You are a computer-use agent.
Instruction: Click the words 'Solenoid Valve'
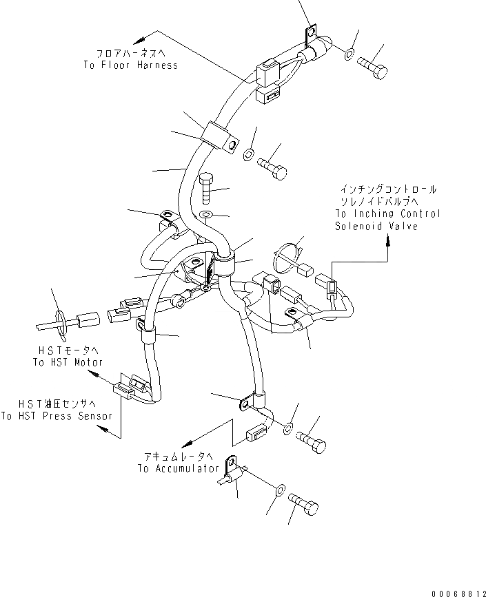377,226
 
